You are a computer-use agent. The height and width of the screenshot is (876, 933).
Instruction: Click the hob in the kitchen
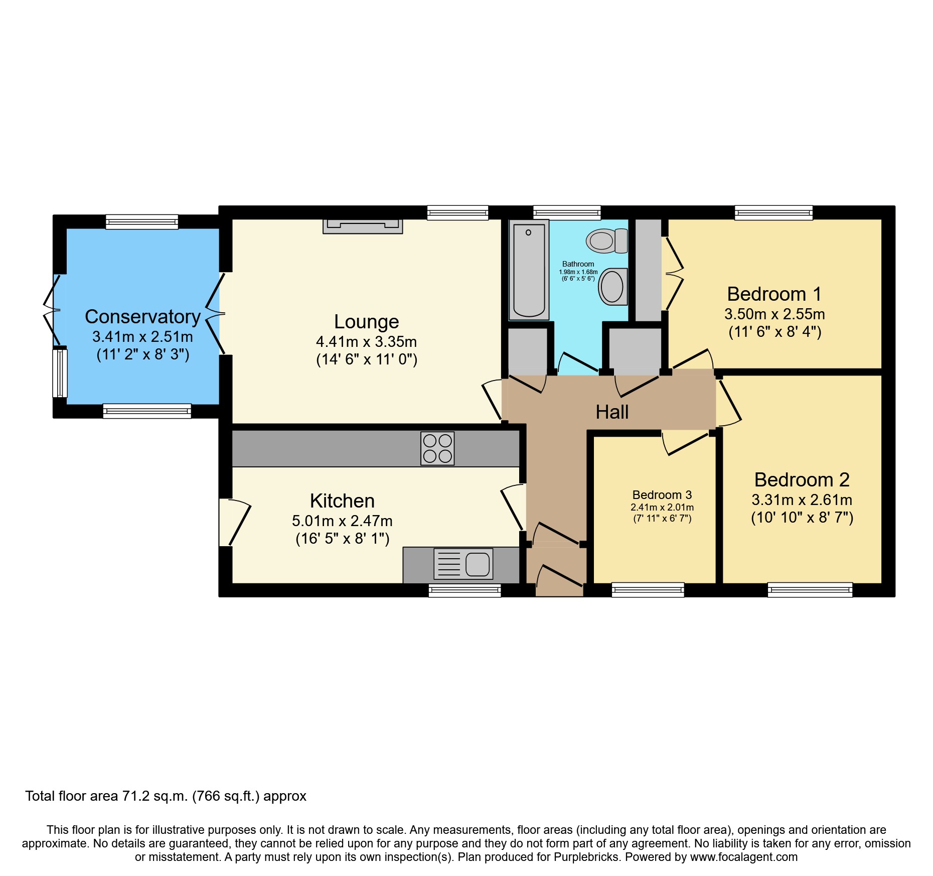point(437,448)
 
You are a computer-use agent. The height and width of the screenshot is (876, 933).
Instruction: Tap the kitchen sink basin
point(477,564)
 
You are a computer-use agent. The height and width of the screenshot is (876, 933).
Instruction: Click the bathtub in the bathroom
point(529,270)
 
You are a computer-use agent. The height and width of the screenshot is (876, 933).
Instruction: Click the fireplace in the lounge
point(363,226)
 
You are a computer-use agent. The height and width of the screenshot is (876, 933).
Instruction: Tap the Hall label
point(612,412)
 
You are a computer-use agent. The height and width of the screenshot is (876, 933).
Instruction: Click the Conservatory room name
point(143,317)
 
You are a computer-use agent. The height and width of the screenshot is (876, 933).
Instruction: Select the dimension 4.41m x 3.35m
point(366,342)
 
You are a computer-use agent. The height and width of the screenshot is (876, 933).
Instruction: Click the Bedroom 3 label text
point(662,495)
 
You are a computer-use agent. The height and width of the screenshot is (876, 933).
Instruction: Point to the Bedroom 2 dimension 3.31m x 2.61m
point(802,500)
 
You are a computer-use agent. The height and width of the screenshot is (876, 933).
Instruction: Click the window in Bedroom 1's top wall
point(773,213)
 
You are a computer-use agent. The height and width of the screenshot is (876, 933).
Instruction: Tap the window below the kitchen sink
point(464,590)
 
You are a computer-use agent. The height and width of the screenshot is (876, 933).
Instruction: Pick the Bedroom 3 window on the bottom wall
point(648,590)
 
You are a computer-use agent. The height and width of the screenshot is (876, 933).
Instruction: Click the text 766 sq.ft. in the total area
point(226,796)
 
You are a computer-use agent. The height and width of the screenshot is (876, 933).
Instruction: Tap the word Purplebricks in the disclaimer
point(586,857)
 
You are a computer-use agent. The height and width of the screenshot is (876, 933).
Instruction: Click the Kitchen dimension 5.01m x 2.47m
point(342,521)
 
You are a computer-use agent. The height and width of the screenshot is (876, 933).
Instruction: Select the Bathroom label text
point(578,264)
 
